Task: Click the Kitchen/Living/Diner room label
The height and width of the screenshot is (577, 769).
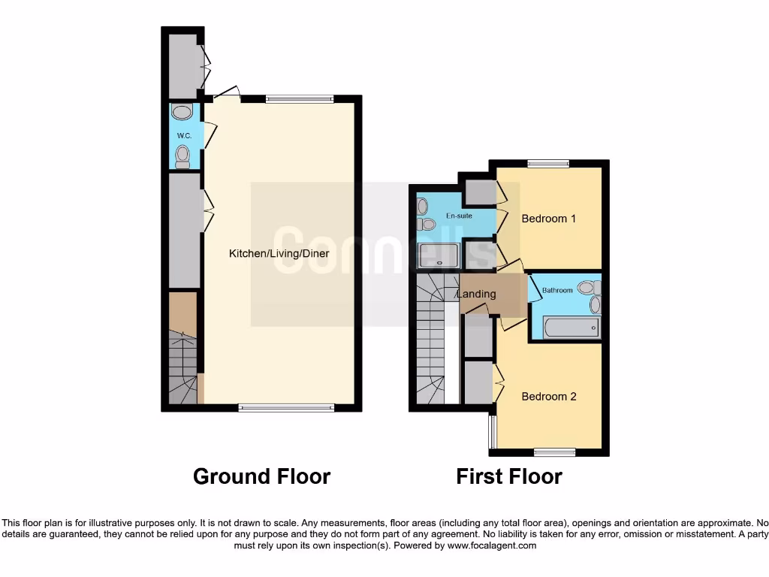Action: [279, 254]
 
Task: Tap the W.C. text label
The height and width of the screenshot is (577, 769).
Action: [184, 135]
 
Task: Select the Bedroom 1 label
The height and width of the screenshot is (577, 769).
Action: [548, 219]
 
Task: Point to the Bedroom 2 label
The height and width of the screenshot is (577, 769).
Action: [548, 396]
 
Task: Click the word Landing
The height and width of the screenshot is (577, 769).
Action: [476, 294]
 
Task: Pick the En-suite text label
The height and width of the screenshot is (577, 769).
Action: [459, 216]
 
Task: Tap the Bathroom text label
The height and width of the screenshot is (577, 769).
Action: [558, 290]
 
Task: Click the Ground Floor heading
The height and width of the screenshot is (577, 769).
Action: [261, 476]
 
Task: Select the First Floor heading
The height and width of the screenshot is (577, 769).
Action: [508, 476]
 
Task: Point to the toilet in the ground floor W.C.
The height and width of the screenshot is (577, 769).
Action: [182, 156]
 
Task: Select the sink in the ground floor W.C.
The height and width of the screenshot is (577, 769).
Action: [182, 113]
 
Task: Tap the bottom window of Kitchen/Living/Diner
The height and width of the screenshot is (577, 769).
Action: [286, 408]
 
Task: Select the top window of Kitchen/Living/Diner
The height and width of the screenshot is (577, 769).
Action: [300, 98]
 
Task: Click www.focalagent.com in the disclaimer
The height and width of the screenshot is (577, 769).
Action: [491, 546]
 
